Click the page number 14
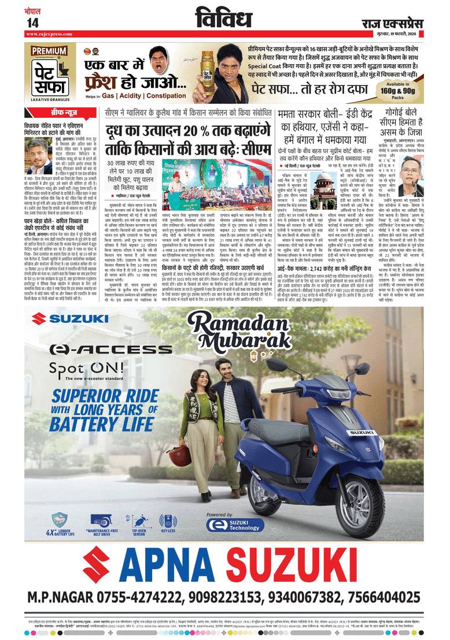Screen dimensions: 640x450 tap(32, 22)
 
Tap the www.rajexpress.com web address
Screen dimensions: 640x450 tap(49, 34)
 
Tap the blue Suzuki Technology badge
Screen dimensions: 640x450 tap(228, 524)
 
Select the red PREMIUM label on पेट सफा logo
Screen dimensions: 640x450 tap(49, 50)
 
